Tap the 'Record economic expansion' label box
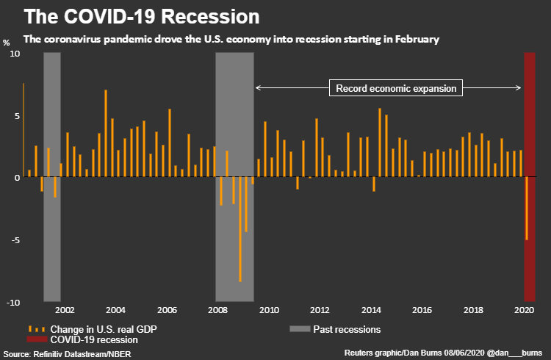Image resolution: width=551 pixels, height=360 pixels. [x=397, y=89]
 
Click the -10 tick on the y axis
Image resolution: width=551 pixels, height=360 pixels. [x=13, y=303]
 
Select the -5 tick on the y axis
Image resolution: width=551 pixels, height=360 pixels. [x=15, y=240]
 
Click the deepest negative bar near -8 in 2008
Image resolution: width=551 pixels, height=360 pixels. [x=240, y=229]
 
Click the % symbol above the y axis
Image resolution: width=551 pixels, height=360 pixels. [x=7, y=42]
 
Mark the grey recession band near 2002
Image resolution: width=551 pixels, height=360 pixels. [x=51, y=176]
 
